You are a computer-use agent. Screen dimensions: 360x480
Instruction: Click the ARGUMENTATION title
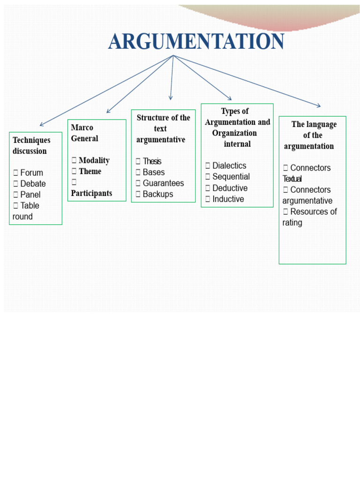pos(196,41)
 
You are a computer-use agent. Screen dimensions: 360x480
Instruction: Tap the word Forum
pos(31,172)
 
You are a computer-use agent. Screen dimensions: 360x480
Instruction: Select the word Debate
pos(33,184)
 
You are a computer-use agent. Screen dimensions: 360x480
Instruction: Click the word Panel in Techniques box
pos(30,195)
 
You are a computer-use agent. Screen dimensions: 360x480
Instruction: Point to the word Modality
pos(94,160)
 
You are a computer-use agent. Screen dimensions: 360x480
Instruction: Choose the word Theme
pos(90,171)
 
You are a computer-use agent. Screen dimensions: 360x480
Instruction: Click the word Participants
pos(91,193)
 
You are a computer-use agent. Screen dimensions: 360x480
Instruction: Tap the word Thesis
pos(152,161)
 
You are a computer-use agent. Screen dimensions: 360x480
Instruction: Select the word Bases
pos(154,172)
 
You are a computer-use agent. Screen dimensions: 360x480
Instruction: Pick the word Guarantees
pos(164,183)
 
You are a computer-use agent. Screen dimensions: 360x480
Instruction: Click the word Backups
pos(158,194)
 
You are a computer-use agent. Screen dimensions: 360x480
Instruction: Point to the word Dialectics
pos(229,165)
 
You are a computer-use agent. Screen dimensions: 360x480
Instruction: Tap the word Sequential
pos(231,177)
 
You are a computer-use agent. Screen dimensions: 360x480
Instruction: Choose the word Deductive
pos(230,188)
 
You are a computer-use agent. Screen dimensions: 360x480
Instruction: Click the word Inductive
pos(228,199)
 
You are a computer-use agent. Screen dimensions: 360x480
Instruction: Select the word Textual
pos(292,179)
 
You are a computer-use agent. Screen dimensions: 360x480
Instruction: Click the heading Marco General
pos(84,133)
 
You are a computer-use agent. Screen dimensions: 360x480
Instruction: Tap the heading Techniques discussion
pos(31,145)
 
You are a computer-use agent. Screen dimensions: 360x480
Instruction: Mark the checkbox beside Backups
pos(138,194)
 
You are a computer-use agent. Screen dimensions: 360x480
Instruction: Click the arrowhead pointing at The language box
pos(319,105)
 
